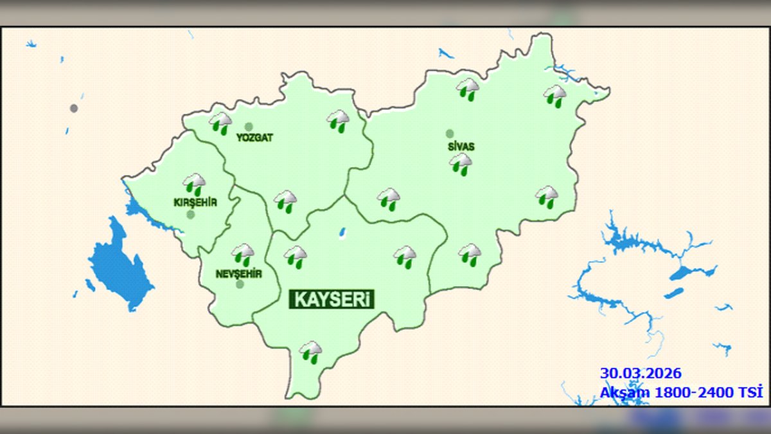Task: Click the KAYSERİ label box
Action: (333, 299)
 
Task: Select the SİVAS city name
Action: (461, 147)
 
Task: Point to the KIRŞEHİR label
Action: (195, 203)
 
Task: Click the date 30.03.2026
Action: (641, 373)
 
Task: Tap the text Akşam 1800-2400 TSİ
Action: (681, 392)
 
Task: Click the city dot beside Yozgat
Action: (249, 127)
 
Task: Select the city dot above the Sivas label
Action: (450, 134)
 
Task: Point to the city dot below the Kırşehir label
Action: (191, 215)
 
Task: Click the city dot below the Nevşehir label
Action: (240, 284)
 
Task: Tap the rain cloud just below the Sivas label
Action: (461, 164)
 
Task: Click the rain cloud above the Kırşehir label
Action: (194, 185)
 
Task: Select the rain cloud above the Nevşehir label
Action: (243, 255)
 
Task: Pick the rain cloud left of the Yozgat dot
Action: (221, 123)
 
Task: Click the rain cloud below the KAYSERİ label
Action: (311, 352)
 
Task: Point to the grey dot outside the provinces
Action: (74, 108)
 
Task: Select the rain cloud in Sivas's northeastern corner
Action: (555, 95)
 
